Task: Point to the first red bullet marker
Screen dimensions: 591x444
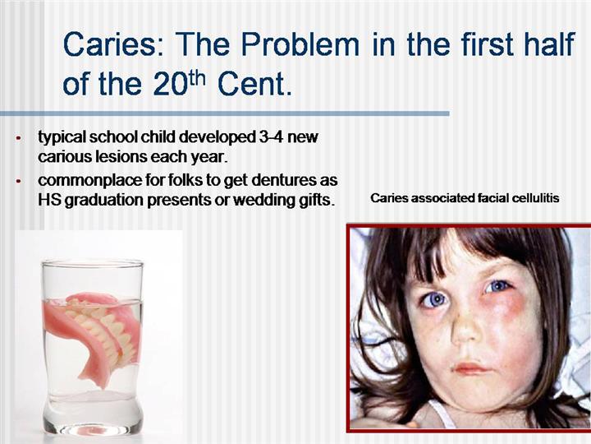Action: click(x=18, y=138)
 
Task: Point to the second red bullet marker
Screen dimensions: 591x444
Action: click(x=18, y=182)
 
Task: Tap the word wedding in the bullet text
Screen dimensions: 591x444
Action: click(x=264, y=201)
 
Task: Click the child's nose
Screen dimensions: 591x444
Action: click(x=466, y=327)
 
